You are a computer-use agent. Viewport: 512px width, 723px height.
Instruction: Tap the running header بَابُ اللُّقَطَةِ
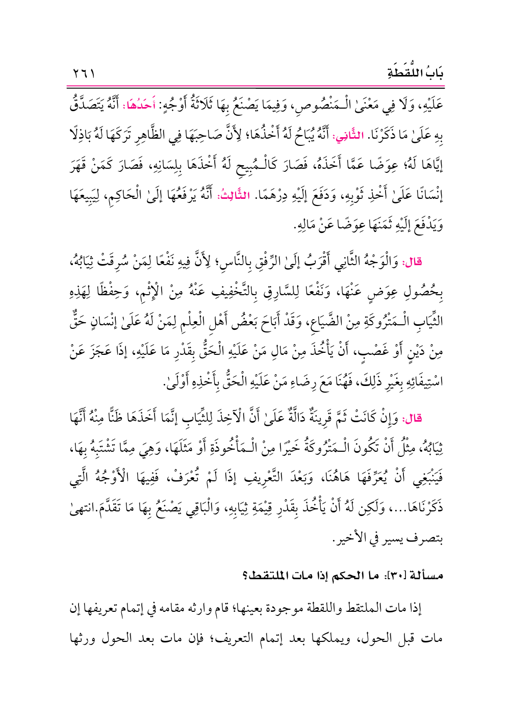pyautogui.click(x=415, y=73)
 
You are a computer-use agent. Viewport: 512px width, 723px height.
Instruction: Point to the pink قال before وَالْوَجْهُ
pyautogui.click(x=413, y=262)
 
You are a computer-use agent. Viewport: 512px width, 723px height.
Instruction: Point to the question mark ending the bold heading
pyautogui.click(x=245, y=576)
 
